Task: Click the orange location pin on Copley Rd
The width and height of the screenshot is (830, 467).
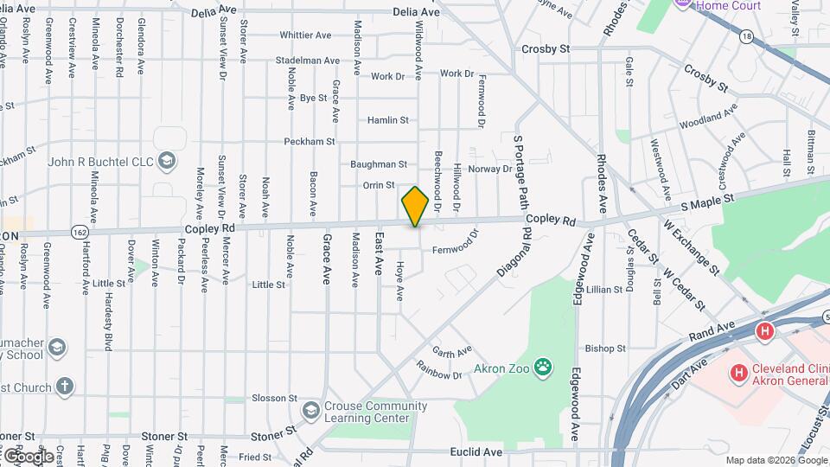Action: [x=415, y=206]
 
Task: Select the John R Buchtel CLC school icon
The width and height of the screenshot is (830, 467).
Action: [x=167, y=160]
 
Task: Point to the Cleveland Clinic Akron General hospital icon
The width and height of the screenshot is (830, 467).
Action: [x=738, y=373]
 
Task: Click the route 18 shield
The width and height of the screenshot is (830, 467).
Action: [x=745, y=36]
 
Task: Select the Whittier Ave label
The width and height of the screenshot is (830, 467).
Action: [x=305, y=35]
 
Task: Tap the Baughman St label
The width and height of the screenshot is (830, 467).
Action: [x=378, y=163]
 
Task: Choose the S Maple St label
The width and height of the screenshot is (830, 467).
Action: [x=706, y=201]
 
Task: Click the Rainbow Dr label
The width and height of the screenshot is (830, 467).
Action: [x=439, y=374]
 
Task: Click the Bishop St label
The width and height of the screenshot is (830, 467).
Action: [x=604, y=349]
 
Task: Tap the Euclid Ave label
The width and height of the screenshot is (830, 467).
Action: [x=476, y=451]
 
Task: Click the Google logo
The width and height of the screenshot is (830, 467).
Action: [x=28, y=456]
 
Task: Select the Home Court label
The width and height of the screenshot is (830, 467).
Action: [x=728, y=5]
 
